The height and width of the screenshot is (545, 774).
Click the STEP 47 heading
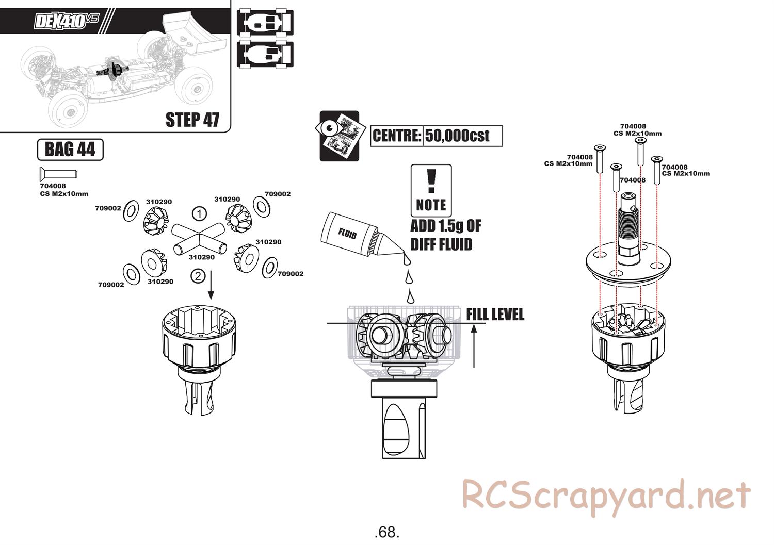(x=192, y=119)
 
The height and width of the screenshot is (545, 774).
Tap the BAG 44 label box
(x=70, y=150)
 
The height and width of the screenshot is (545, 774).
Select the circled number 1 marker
(x=199, y=213)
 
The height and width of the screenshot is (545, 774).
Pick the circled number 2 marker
(x=198, y=276)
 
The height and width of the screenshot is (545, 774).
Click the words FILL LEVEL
(x=495, y=315)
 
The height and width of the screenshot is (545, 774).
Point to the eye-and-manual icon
(x=339, y=136)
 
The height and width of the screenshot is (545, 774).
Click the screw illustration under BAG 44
(x=57, y=173)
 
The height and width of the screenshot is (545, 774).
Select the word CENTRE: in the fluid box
(x=397, y=136)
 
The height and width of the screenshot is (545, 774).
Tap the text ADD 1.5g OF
(x=445, y=226)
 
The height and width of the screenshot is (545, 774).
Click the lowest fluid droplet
(x=411, y=296)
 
